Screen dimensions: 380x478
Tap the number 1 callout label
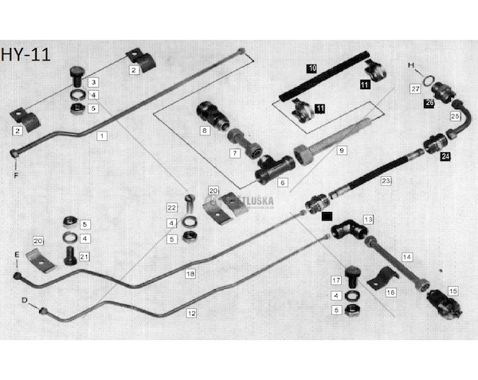click(102, 136)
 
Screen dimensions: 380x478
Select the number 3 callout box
click(93, 82)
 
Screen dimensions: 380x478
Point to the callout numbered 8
click(205, 130)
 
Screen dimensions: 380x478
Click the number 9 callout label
click(342, 150)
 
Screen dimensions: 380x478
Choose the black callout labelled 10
click(312, 69)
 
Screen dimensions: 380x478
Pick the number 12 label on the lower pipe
click(190, 313)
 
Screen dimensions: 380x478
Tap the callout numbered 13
click(368, 218)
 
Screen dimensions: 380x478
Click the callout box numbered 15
click(453, 290)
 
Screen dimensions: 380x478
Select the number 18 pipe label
click(190, 273)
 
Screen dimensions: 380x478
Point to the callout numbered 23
click(386, 182)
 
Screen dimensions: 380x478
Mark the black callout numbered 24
click(445, 156)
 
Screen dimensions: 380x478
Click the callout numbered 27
click(415, 88)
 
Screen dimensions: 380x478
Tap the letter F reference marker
click(14, 174)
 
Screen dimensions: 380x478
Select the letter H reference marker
click(411, 63)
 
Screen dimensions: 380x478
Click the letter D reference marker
click(25, 301)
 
